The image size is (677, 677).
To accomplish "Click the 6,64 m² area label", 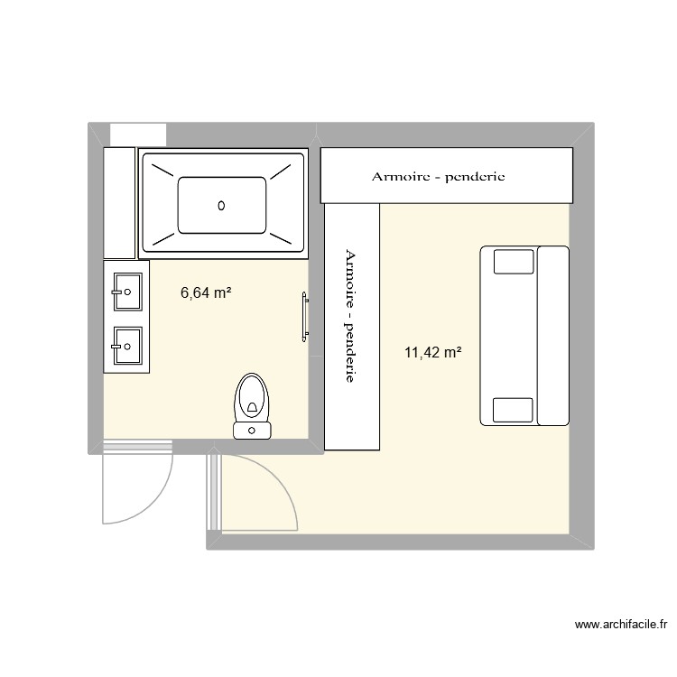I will (x=207, y=292).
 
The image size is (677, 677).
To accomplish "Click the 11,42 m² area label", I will (x=432, y=353).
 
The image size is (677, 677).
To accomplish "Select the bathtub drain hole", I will (x=221, y=206).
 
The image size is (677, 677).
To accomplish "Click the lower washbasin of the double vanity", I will (x=126, y=342).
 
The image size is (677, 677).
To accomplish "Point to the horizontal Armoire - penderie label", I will (x=438, y=176).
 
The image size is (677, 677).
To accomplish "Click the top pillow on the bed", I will (x=513, y=262).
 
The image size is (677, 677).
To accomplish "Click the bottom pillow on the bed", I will (x=513, y=409).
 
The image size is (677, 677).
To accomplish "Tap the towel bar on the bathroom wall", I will (x=305, y=317).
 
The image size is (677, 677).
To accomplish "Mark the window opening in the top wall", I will (x=137, y=133).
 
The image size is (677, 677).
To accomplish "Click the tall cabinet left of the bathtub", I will (x=118, y=203).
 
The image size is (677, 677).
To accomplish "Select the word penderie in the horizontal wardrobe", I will (x=471, y=176).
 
